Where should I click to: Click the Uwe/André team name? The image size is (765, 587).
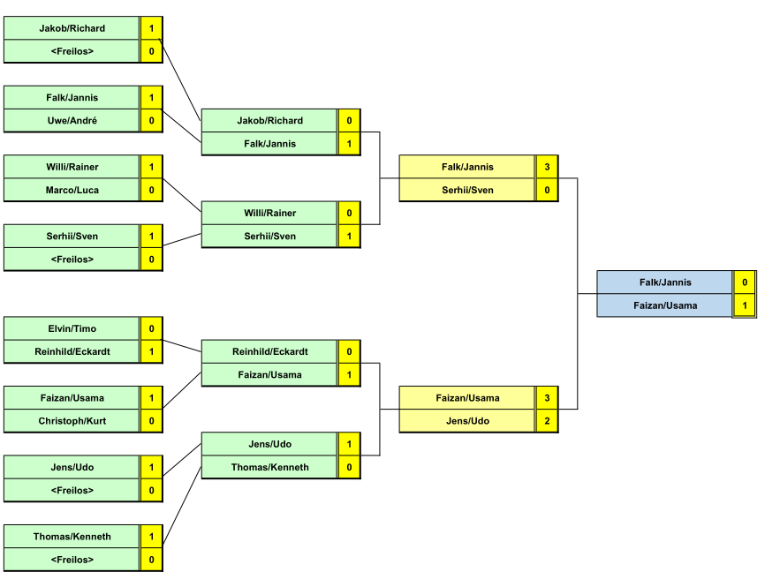tap(72, 120)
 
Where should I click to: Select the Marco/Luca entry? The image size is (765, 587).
tap(72, 190)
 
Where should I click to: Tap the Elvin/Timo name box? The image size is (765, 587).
tap(72, 328)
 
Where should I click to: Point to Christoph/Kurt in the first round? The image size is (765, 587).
tap(72, 421)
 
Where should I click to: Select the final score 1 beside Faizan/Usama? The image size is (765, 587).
tap(745, 305)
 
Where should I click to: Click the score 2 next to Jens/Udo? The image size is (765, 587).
tap(547, 421)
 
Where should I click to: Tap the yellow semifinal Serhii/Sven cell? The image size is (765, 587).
tap(467, 190)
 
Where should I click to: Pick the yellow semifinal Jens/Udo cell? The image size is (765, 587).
tap(467, 421)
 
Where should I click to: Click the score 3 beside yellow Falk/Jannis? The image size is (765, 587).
tap(547, 167)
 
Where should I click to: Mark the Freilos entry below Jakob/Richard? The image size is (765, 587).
tap(72, 51)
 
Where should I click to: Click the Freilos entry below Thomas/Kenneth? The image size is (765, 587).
tap(72, 560)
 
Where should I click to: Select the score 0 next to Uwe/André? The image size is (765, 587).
tap(151, 120)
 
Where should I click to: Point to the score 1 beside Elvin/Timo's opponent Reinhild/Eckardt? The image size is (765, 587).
tap(151, 351)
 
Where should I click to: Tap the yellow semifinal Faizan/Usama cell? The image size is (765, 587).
tap(467, 398)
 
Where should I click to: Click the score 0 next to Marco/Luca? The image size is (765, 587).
tap(151, 190)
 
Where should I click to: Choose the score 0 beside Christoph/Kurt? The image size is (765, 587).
tap(151, 421)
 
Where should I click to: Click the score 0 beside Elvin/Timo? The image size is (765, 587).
tap(151, 328)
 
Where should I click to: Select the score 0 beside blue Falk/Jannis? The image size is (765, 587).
tap(745, 282)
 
